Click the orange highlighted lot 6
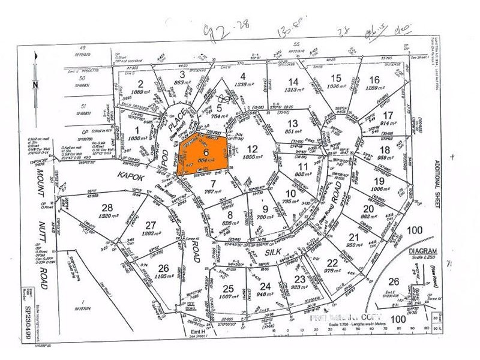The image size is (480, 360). (x=204, y=154)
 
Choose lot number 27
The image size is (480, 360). (x=151, y=225)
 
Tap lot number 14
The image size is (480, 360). (x=293, y=82)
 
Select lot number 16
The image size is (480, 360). (x=374, y=80)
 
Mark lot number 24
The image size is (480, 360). (x=265, y=286)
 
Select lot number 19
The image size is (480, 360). (x=377, y=180)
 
